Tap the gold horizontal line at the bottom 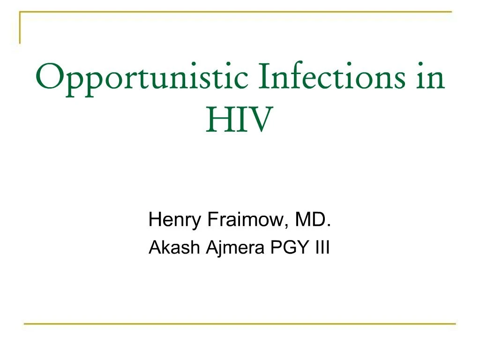click(x=240, y=323)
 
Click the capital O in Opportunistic click(x=47, y=77)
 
